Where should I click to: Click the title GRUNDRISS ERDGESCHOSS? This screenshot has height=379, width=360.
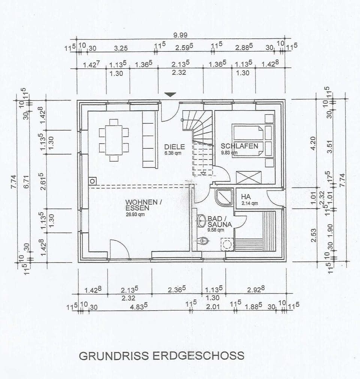coord(161,356)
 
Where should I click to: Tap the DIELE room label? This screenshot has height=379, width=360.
coord(174,147)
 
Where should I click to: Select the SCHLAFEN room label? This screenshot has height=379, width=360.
coord(240,146)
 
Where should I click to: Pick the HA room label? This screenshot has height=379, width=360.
coord(246,197)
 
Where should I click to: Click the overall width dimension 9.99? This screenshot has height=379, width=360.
coord(180,35)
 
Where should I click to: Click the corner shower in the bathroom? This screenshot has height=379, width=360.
coord(224,197)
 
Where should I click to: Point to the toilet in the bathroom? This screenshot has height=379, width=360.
coord(204,240)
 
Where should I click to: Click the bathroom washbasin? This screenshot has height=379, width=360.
coord(202,220)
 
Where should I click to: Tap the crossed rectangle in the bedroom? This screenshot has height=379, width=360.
coord(249,177)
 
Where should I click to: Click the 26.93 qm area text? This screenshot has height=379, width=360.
coord(135,215)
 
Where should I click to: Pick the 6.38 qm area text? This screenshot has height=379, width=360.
coord(173,153)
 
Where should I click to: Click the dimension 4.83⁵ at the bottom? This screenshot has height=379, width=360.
coord(138,306)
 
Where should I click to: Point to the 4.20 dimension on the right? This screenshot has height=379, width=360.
coord(313,143)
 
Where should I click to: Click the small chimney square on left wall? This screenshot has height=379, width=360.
coord(92,181)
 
